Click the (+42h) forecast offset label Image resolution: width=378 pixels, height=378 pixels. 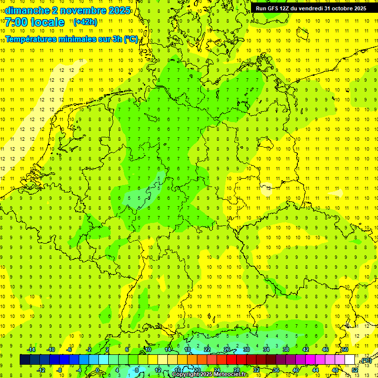85,22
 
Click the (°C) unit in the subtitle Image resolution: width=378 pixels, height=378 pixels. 130,39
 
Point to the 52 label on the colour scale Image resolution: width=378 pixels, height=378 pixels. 355,370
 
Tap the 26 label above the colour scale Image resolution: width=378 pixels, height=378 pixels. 227,349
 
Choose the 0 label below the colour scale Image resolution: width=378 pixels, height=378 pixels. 97,370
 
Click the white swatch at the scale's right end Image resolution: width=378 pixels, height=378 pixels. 350,360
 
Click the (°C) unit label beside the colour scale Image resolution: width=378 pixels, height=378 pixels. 366,360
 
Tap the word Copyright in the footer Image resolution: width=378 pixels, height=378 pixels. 185,375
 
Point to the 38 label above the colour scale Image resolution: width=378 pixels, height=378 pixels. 286,349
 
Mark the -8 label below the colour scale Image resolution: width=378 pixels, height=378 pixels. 59,370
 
